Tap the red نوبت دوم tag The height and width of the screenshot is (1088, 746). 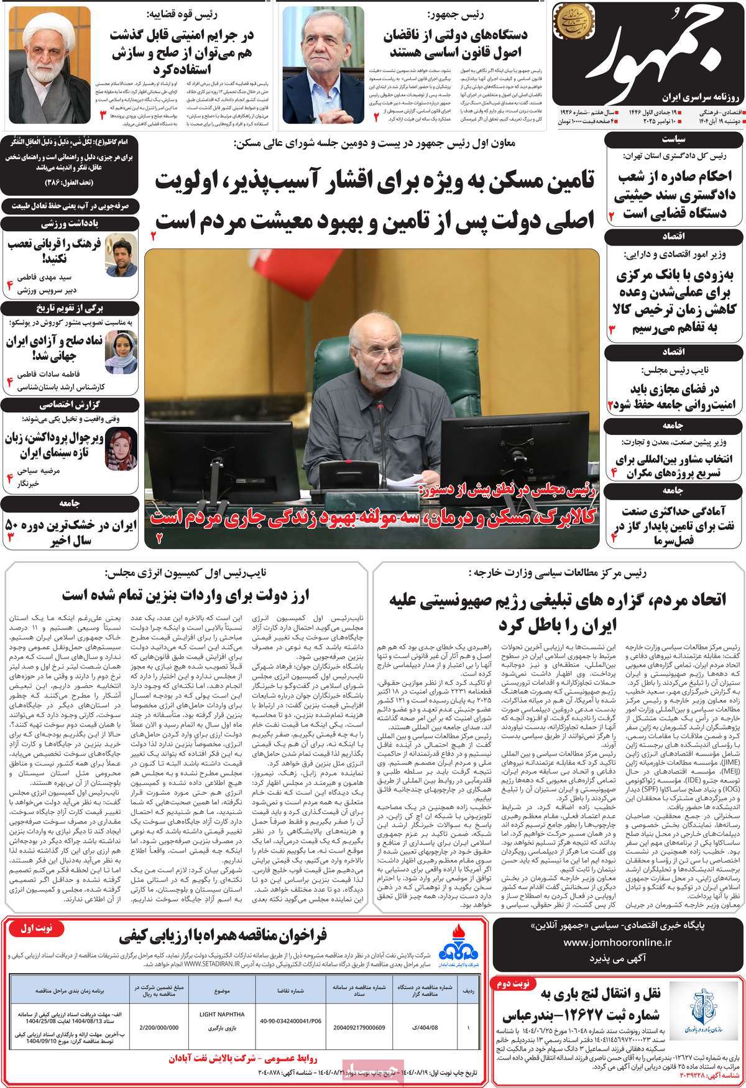pyautogui.click(x=511, y=966)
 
